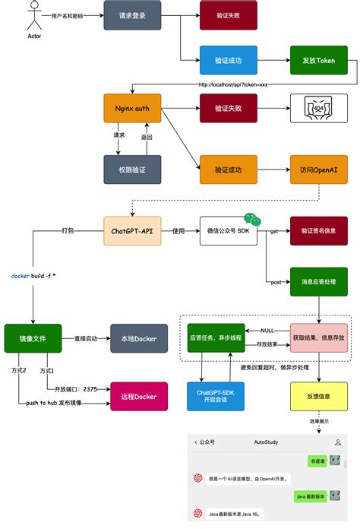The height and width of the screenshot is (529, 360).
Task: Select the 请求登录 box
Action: coord(132,15)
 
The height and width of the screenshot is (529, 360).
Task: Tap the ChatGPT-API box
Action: coord(132,230)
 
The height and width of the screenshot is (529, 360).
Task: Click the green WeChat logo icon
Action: coord(251,218)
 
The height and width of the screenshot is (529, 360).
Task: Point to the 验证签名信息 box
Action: coord(318,230)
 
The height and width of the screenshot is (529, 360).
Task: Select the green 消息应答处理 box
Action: coord(318,281)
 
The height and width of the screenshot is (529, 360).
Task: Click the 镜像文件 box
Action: coord(32,338)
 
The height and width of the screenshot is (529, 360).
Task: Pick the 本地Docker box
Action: coord(139,338)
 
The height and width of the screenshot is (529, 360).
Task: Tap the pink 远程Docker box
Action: coord(139,397)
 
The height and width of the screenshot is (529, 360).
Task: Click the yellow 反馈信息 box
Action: coord(318,397)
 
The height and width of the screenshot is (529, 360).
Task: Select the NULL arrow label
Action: coord(267,331)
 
